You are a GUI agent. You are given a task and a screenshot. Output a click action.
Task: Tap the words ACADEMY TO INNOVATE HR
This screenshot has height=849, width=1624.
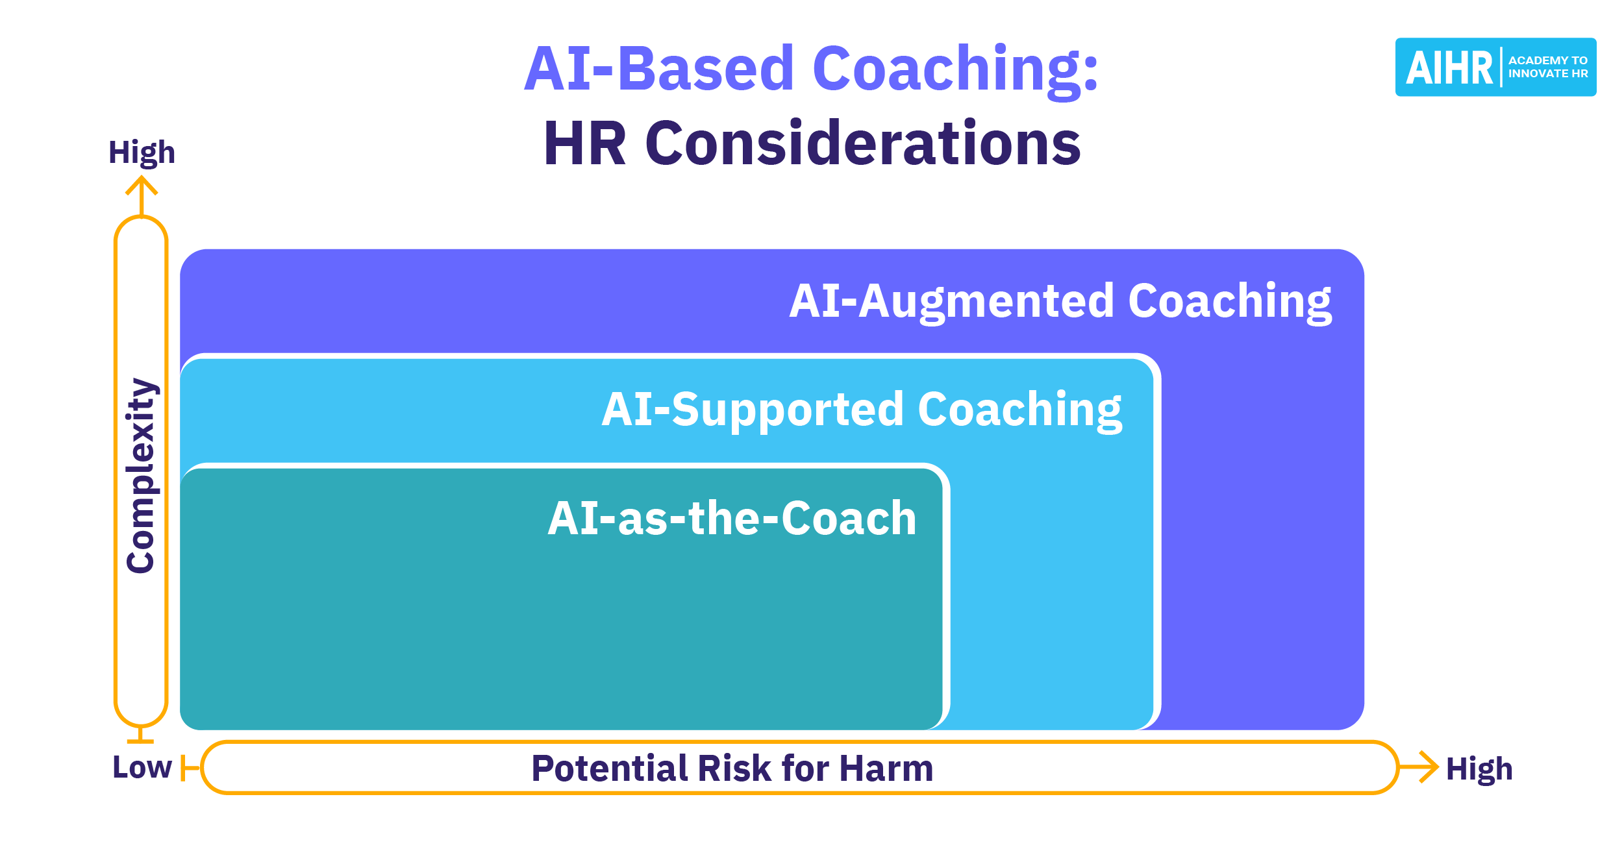[1547, 68]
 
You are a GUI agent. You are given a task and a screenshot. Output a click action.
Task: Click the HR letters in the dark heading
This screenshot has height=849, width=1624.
[585, 144]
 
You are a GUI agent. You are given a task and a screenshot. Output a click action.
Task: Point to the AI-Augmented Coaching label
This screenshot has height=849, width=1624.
[1060, 302]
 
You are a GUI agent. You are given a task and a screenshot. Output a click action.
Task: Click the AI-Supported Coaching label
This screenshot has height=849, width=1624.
[862, 410]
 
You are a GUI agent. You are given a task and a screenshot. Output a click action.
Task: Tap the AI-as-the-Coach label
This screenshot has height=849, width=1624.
[732, 519]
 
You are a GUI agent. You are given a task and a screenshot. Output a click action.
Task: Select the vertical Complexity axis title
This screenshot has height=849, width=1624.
[142, 476]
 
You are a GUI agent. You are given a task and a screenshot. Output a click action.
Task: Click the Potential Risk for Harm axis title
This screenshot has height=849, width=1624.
[732, 769]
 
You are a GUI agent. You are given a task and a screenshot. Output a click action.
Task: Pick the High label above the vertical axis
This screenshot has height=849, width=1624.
[142, 153]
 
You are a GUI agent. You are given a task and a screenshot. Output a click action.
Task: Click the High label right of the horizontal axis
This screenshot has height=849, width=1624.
[1479, 770]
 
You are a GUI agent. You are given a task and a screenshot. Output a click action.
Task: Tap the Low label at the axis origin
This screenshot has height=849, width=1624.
[142, 768]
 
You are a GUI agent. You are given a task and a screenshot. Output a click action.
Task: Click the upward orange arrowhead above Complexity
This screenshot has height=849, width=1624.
[142, 187]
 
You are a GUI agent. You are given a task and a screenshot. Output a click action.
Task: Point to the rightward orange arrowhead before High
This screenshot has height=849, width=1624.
[1429, 767]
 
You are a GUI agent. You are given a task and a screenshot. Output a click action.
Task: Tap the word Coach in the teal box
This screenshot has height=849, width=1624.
[849, 519]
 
